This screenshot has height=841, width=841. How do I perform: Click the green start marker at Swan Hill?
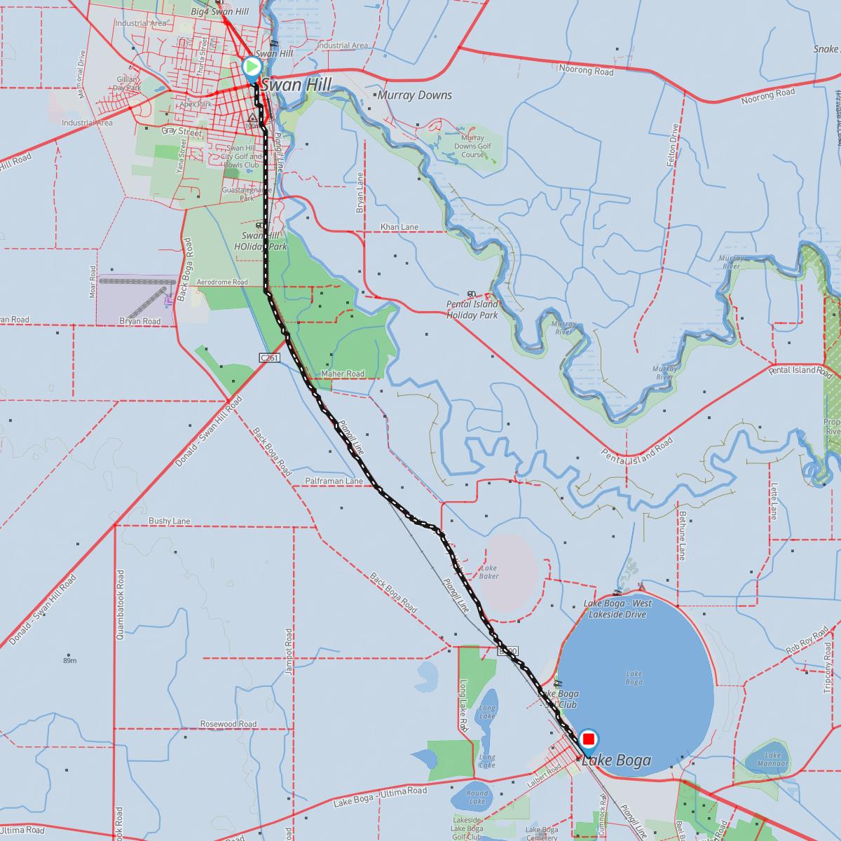(x=252, y=67)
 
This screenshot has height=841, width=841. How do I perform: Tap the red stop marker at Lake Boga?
(x=589, y=739)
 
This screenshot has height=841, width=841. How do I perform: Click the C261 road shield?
(x=269, y=357)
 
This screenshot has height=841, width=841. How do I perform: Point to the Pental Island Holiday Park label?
(x=472, y=310)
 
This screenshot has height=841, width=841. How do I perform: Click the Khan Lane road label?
(x=399, y=227)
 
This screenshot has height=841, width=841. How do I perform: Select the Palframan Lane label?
(x=334, y=481)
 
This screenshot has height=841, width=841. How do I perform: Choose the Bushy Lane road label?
(x=170, y=521)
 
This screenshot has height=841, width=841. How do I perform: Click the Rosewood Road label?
(x=228, y=724)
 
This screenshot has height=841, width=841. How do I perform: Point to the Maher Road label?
(x=343, y=374)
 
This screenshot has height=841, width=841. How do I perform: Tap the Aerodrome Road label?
(x=222, y=282)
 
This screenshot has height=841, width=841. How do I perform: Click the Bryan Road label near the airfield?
(x=139, y=321)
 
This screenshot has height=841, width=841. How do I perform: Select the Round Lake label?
(x=477, y=797)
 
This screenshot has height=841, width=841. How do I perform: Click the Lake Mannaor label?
(x=772, y=759)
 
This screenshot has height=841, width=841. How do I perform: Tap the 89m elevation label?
(x=69, y=661)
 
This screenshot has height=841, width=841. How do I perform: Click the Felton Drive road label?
(x=675, y=145)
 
